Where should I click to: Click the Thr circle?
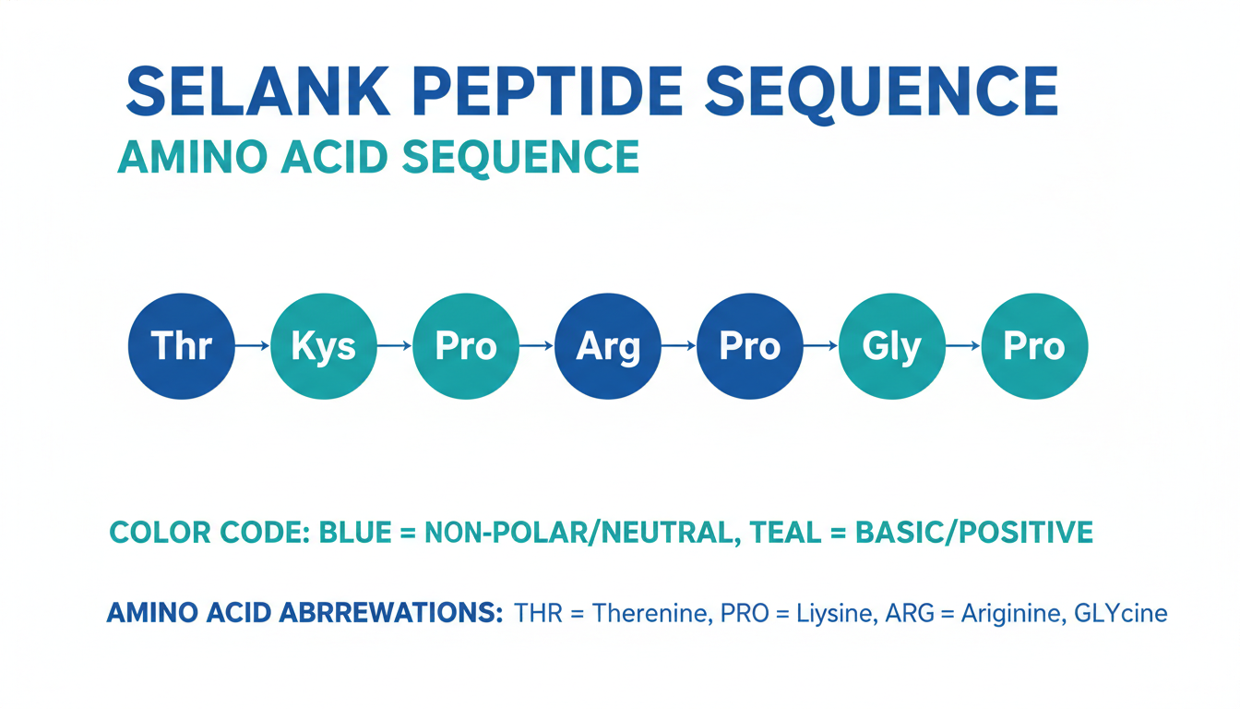[182, 346]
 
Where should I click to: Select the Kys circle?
[324, 346]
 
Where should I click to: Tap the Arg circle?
[608, 346]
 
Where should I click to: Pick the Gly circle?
[892, 346]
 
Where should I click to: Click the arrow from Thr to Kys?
[253, 346]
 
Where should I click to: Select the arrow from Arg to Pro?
[679, 346]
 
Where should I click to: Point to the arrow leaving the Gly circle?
[963, 346]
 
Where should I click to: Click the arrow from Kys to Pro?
[395, 346]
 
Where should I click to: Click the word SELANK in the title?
[258, 91]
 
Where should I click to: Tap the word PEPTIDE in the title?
[547, 91]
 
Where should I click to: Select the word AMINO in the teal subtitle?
[193, 157]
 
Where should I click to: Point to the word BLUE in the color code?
[355, 533]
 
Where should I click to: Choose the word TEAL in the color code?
[785, 533]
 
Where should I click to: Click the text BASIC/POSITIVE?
[974, 533]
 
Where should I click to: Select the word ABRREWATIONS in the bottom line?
[391, 613]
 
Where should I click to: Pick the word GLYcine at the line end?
[1120, 613]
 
